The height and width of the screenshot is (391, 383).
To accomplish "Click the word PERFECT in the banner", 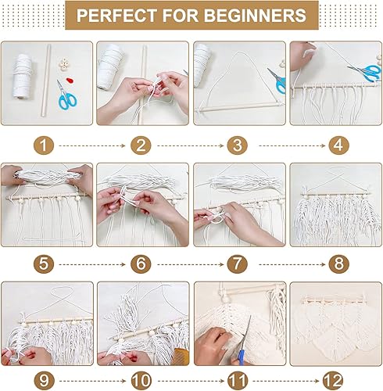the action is pyautogui.click(x=116, y=16).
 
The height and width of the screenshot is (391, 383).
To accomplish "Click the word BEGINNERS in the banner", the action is pyautogui.click(x=255, y=16).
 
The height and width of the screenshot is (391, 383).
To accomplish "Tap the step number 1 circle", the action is pyautogui.click(x=44, y=145).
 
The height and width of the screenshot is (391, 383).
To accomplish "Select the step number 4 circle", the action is pyautogui.click(x=338, y=145).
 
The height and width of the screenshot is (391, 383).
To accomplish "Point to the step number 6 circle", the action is pyautogui.click(x=141, y=264).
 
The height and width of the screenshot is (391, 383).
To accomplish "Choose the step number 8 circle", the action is pyautogui.click(x=338, y=264).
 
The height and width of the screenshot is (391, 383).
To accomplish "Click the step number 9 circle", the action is pyautogui.click(x=44, y=381).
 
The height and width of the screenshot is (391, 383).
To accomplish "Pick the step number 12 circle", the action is pyautogui.click(x=333, y=381).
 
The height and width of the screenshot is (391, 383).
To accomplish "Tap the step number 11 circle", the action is pyautogui.click(x=238, y=381).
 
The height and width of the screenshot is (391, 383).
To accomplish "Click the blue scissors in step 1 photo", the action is pyautogui.click(x=66, y=96).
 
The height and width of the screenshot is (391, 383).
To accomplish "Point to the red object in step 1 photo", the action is pyautogui.click(x=70, y=81).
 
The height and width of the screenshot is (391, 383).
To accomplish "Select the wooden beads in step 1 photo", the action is pyautogui.click(x=63, y=65).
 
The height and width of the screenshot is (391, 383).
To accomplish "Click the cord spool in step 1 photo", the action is pyautogui.click(x=23, y=77).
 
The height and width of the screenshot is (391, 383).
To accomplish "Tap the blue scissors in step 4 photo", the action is pyautogui.click(x=365, y=72).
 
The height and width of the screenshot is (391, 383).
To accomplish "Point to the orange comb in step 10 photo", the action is pyautogui.click(x=181, y=355).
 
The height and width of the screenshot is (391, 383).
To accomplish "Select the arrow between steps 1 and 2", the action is pyautogui.click(x=92, y=145).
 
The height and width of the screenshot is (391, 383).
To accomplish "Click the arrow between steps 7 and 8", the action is pyautogui.click(x=292, y=264).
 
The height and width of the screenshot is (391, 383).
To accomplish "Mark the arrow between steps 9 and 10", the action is pyautogui.click(x=92, y=381).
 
